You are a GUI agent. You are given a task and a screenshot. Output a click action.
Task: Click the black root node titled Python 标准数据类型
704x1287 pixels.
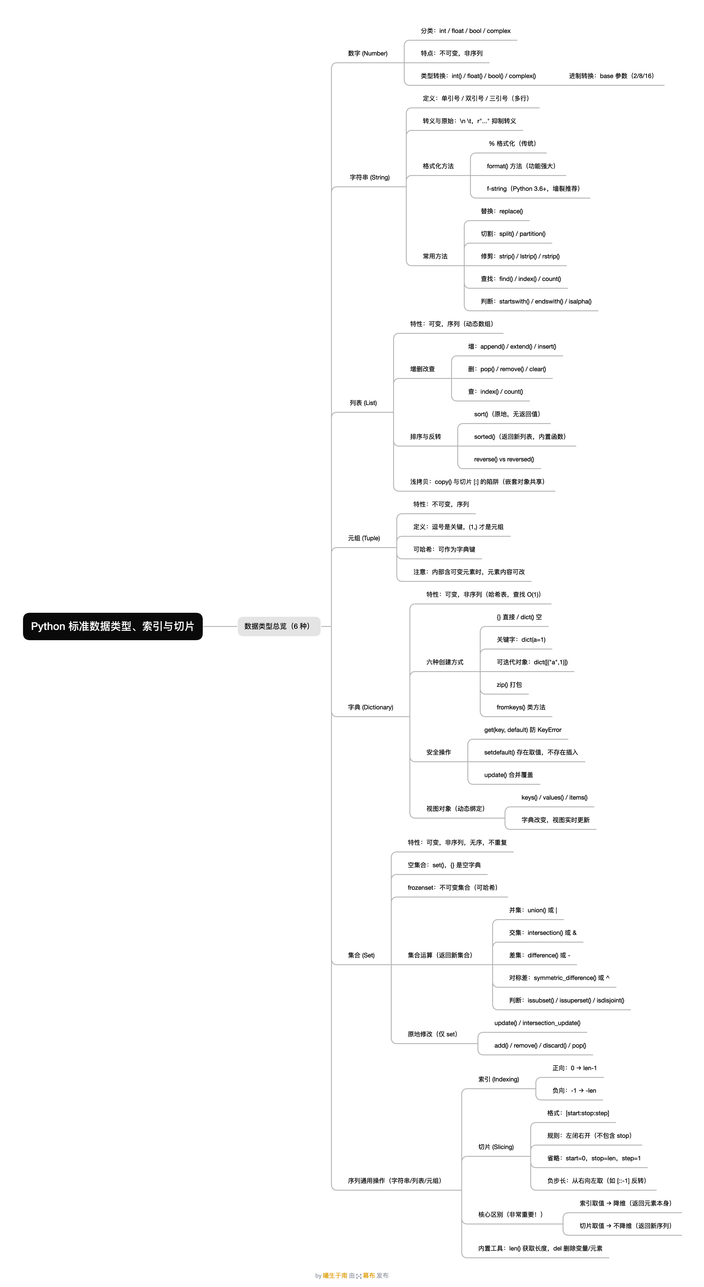pyautogui.click(x=112, y=626)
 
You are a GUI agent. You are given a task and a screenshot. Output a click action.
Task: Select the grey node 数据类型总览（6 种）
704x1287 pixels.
pyautogui.click(x=279, y=626)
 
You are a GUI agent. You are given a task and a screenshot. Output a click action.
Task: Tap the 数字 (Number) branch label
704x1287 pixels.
pyautogui.click(x=367, y=53)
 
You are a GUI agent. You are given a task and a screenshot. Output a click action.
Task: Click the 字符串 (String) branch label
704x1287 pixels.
pyautogui.click(x=369, y=177)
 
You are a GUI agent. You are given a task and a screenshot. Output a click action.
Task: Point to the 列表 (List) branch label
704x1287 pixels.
pyautogui.click(x=363, y=403)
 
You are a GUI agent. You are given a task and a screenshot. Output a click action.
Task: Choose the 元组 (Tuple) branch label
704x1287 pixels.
pyautogui.click(x=364, y=538)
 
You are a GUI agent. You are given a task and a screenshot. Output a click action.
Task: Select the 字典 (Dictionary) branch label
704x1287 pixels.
pyautogui.click(x=371, y=707)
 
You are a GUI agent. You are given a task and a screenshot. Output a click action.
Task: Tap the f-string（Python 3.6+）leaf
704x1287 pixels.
pyautogui.click(x=533, y=188)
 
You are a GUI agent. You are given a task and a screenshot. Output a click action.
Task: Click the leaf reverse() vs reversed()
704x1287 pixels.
pyautogui.click(x=504, y=459)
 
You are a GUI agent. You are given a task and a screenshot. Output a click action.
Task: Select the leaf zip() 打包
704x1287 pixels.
pyautogui.click(x=509, y=684)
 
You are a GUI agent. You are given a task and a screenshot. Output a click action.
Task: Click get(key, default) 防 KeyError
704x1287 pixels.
pyautogui.click(x=523, y=729)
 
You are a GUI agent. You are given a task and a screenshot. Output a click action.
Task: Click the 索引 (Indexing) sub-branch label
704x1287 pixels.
pyautogui.click(x=498, y=1079)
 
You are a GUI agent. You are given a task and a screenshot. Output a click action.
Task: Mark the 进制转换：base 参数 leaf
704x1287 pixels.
pyautogui.click(x=611, y=76)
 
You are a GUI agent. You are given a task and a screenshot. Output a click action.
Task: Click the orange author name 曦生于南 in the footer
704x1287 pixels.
pyautogui.click(x=335, y=1276)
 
